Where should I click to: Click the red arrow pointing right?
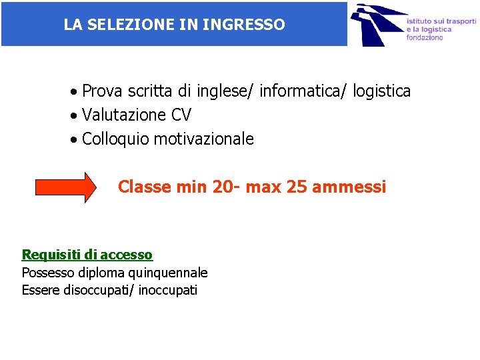[x=65, y=187]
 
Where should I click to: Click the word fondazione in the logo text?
[x=425, y=38]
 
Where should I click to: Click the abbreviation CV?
[x=181, y=115]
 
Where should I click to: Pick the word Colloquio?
[x=115, y=139]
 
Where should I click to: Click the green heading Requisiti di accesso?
[x=87, y=255]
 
